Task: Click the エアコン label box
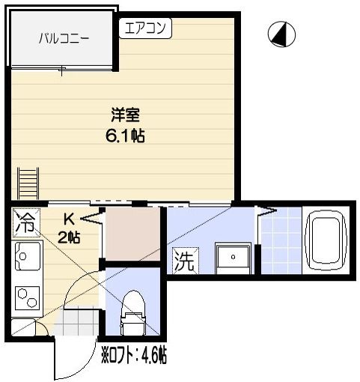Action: [145, 28]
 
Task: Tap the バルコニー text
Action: [62, 40]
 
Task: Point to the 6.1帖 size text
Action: [125, 136]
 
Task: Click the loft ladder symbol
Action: [28, 183]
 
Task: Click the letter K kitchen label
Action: [68, 219]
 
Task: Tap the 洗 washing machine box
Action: [184, 261]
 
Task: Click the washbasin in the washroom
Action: [233, 258]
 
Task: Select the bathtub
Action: [325, 240]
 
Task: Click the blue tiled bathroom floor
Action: [281, 240]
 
